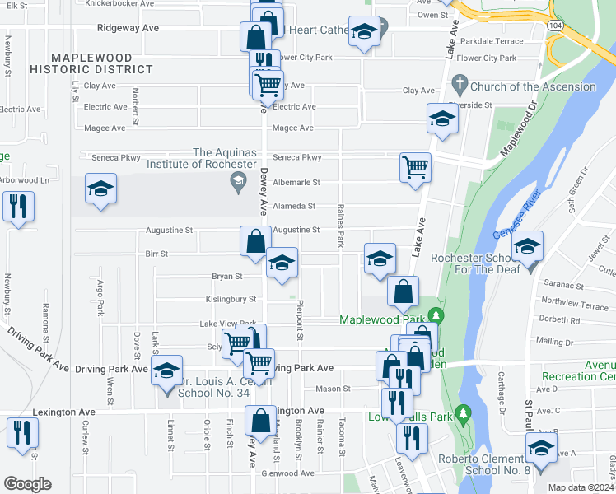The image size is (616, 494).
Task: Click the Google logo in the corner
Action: [x=27, y=483]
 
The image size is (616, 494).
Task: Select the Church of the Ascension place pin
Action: [x=460, y=85]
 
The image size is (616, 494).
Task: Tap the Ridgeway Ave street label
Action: [x=128, y=27]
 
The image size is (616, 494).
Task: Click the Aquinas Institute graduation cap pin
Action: [x=239, y=183]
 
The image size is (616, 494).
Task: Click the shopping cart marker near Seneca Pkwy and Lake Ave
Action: [x=415, y=166]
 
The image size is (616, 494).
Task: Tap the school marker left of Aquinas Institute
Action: [x=100, y=189]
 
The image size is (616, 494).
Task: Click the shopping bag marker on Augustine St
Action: [x=255, y=240]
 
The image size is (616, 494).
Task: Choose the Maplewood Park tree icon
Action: [x=436, y=317]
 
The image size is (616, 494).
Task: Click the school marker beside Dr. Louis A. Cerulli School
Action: [x=166, y=371]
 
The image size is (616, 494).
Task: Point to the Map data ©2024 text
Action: [x=581, y=487]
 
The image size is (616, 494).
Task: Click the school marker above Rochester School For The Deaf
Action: [x=528, y=245]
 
